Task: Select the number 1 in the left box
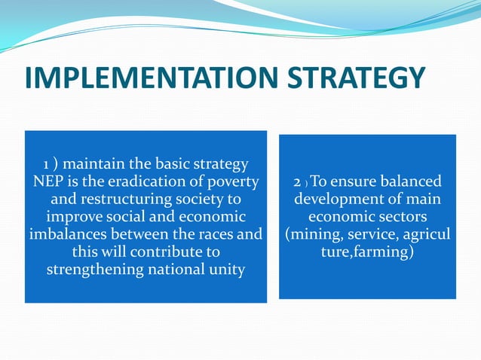pos(47,163)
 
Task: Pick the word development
pos(339,200)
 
